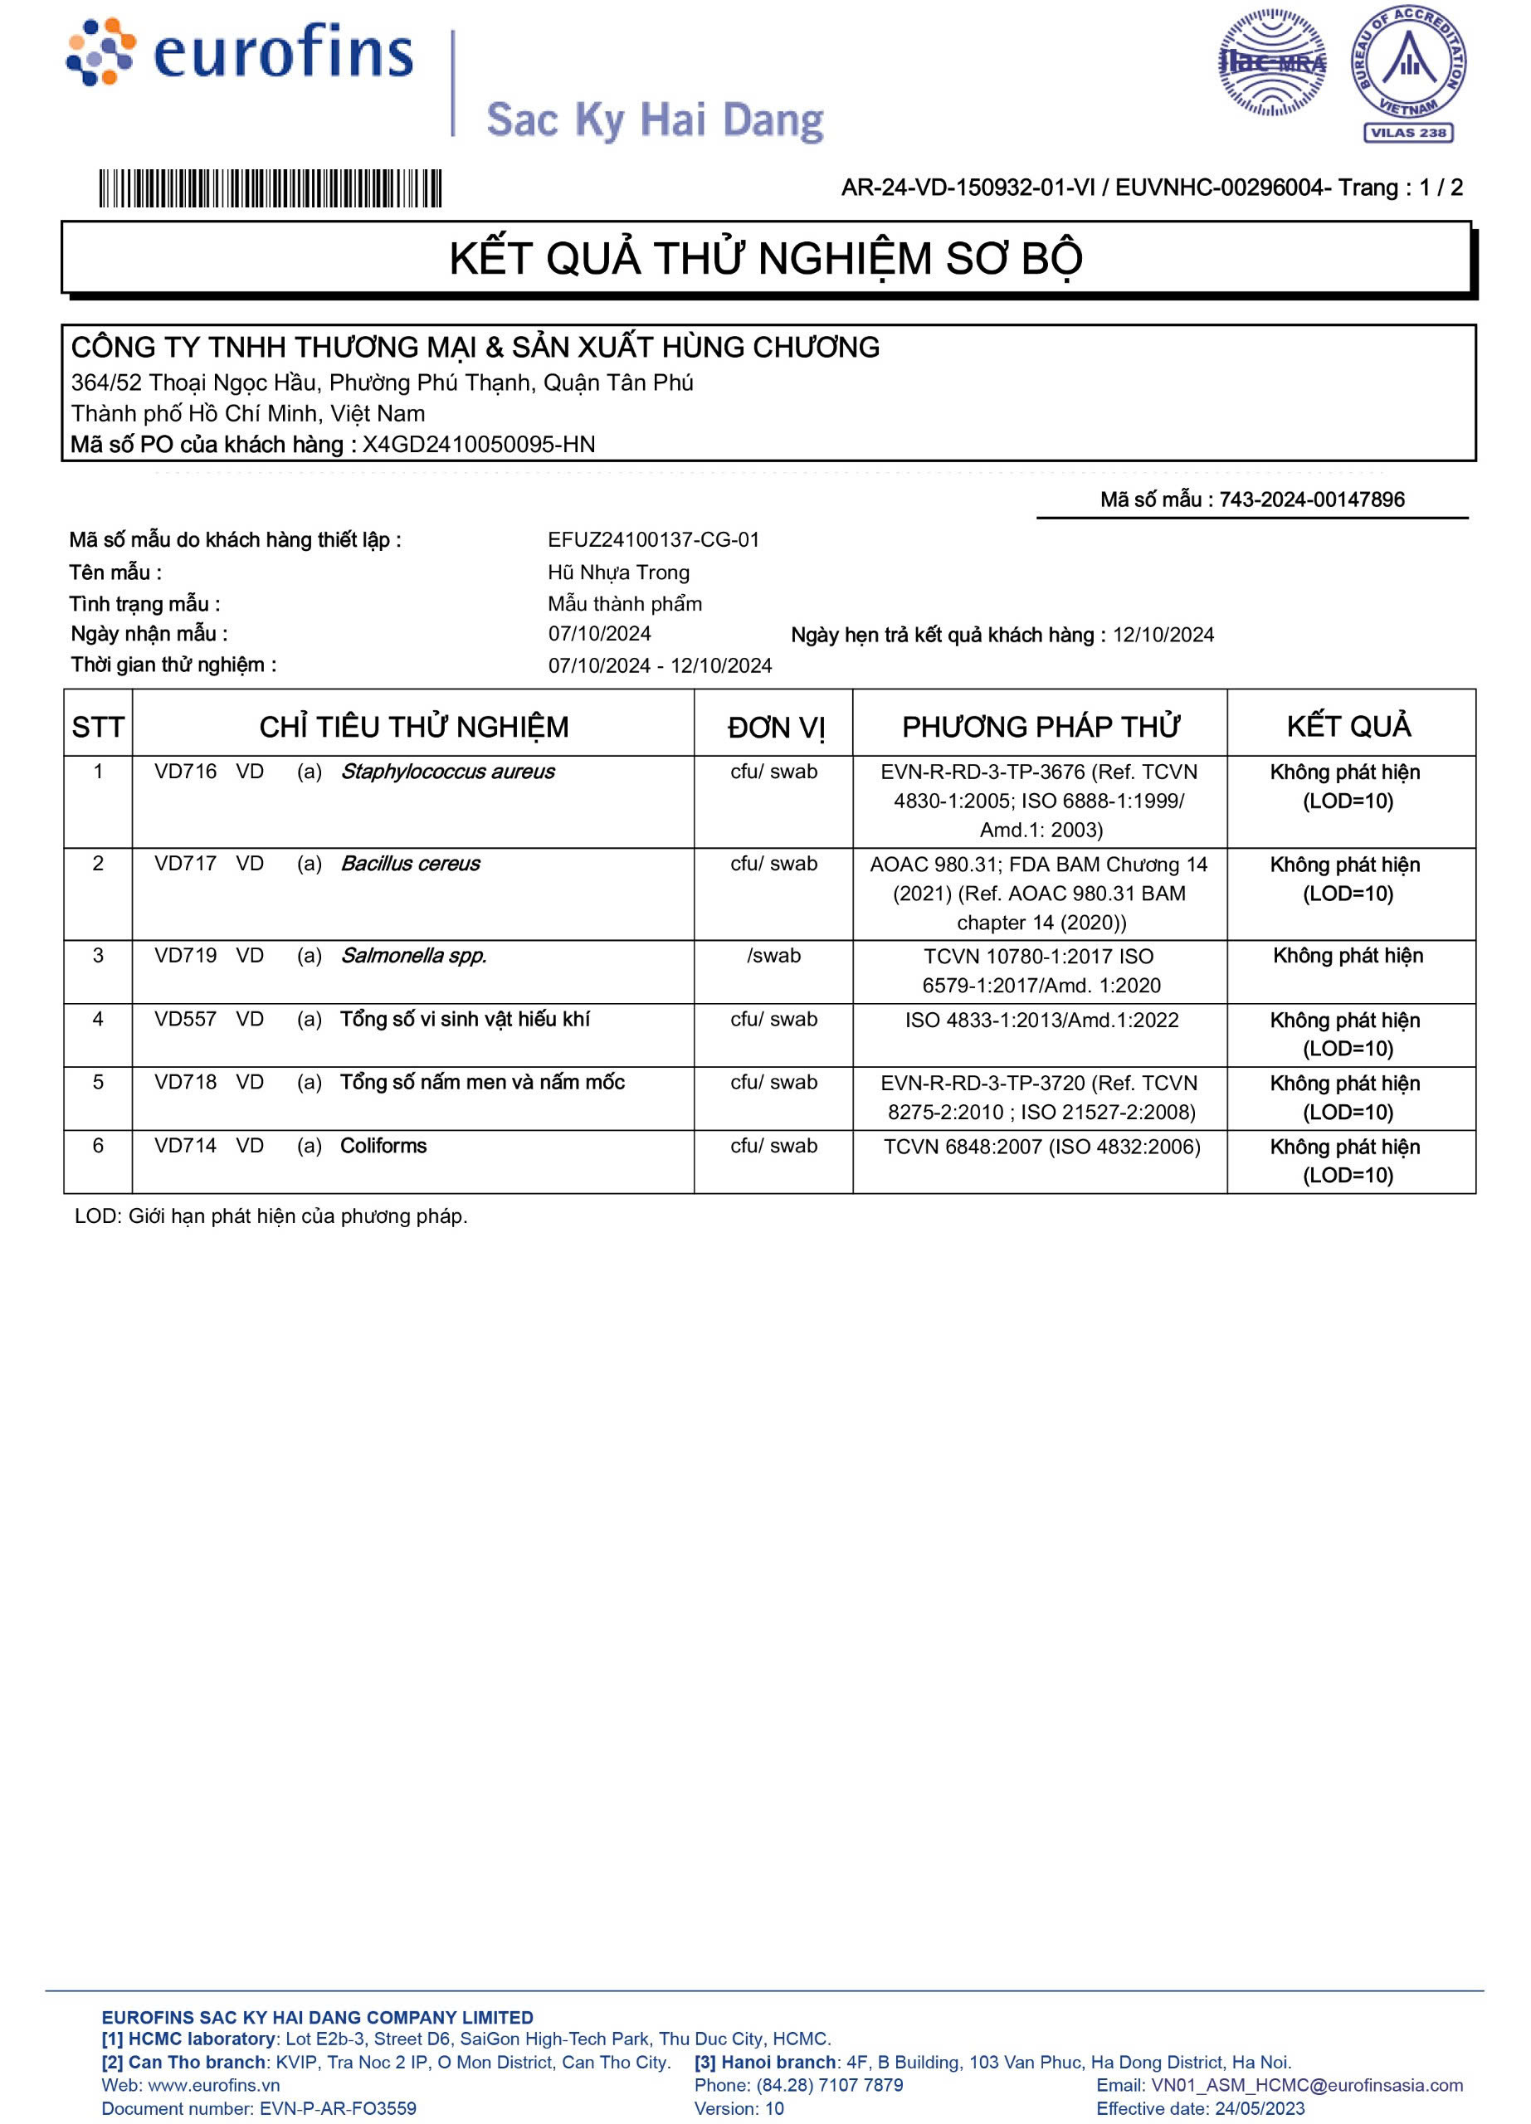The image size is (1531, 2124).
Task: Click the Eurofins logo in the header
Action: point(240,52)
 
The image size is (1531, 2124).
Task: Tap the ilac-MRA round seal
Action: point(1271,63)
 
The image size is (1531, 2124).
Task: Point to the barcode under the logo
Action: point(270,188)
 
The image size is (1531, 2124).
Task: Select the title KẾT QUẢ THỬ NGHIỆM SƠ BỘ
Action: point(765,259)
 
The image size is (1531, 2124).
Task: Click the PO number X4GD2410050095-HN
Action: point(479,444)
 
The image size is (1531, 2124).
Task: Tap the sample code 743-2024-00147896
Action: point(1311,499)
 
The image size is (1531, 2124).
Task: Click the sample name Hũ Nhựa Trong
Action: point(618,572)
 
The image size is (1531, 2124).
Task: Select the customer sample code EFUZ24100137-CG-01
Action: point(654,539)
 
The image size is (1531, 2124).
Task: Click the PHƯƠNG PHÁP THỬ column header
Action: point(1040,727)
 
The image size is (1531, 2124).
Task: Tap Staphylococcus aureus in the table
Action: point(446,772)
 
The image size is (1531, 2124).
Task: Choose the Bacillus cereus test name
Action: point(410,864)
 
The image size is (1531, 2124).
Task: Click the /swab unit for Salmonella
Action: point(773,955)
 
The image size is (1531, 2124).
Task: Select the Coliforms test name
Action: point(383,1145)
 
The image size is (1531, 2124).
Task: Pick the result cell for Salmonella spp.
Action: point(1348,955)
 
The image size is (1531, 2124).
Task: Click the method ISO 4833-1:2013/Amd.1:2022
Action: point(1041,1020)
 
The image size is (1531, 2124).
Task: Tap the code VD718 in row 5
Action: point(185,1082)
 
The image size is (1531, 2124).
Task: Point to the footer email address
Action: point(1306,2085)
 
